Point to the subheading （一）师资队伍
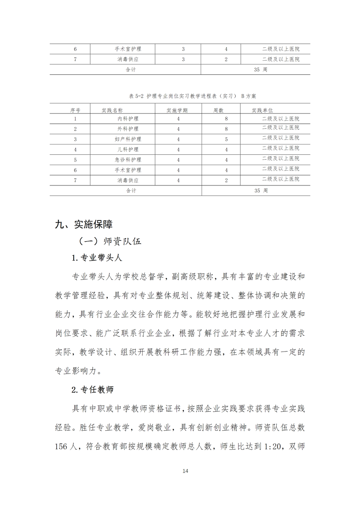pyautogui.click(x=110, y=241)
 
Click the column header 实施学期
pyautogui.click(x=177, y=110)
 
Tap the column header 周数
pyautogui.click(x=218, y=110)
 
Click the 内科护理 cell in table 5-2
pyautogui.click(x=128, y=119)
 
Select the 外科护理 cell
pyautogui.click(x=128, y=129)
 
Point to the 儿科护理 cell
pyautogui.click(x=128, y=149)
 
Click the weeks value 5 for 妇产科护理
pyautogui.click(x=226, y=139)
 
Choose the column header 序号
pyautogui.click(x=75, y=110)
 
